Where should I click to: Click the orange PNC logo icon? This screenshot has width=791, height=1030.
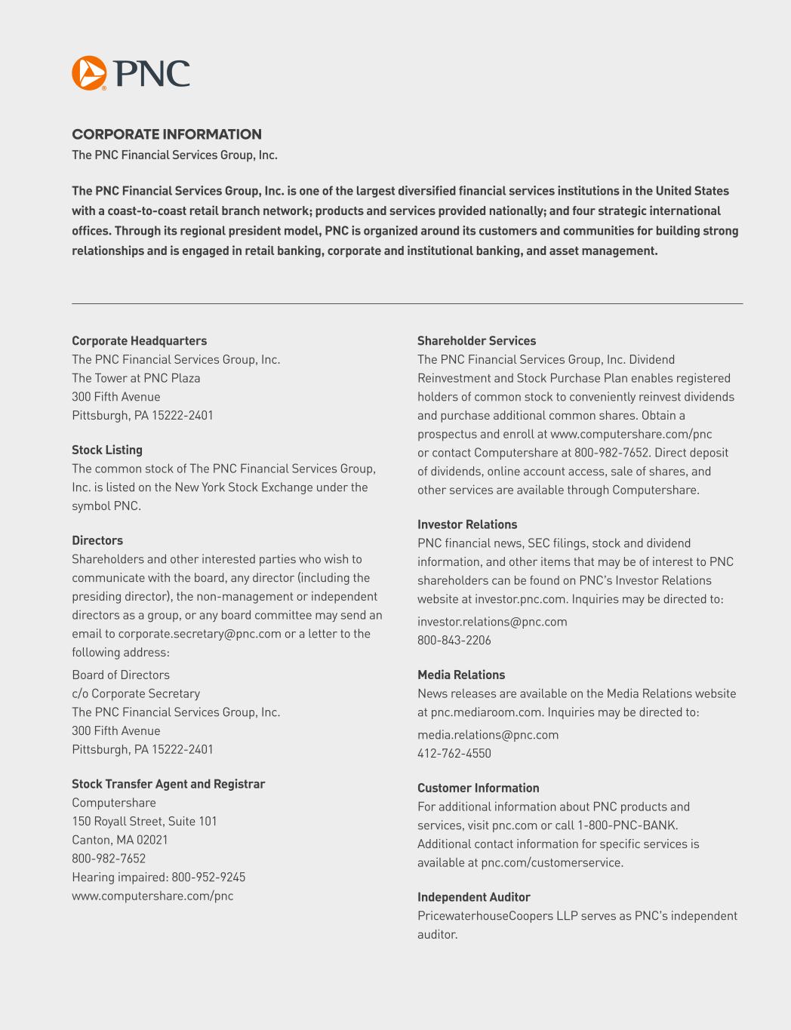pos(89,73)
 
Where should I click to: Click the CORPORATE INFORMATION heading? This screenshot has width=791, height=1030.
pos(167,134)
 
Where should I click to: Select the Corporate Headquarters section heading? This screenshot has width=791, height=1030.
pos(139,341)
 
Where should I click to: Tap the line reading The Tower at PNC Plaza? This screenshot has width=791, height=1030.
pos(136,378)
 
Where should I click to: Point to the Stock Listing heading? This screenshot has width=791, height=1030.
pos(107,450)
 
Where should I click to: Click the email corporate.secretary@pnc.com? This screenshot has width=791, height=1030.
pos(199,634)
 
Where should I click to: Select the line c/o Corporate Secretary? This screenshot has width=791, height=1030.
pos(136,693)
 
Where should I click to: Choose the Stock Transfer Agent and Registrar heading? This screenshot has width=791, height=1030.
pos(168,784)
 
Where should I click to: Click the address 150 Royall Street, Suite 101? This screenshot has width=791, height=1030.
pos(144,821)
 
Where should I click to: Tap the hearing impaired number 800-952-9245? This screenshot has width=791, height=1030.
pos(208,877)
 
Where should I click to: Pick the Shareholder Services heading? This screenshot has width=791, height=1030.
pos(476,341)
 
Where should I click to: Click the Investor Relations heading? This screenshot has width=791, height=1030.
pos(467,524)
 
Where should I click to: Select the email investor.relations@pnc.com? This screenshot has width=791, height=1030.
pos(492,622)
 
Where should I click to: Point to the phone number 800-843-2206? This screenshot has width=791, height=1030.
pos(454,641)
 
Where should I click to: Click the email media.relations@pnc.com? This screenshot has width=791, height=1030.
pos(488,735)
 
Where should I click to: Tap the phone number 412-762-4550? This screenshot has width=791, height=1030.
pos(454,754)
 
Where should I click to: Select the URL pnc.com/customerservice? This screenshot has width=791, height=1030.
pos(551,862)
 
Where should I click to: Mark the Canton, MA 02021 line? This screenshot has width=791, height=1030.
pos(120,840)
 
